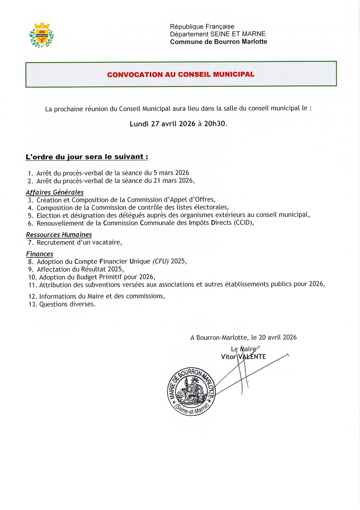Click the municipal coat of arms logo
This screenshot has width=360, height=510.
tap(41, 35)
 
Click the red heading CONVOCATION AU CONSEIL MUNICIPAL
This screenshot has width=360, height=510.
tap(181, 74)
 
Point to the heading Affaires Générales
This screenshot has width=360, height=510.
tap(55, 192)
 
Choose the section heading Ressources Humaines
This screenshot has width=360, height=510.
tap(59, 235)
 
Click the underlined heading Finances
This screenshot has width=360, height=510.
tap(40, 254)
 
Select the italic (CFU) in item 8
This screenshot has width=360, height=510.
tap(161, 261)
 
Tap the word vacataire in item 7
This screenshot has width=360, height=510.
tap(108, 242)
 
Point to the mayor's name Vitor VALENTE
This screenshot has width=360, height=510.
tap(243, 357)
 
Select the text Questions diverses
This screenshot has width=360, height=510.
tap(67, 304)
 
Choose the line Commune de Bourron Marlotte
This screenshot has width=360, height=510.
tap(218, 42)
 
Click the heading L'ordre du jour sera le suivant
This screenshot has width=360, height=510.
tap(87, 157)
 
